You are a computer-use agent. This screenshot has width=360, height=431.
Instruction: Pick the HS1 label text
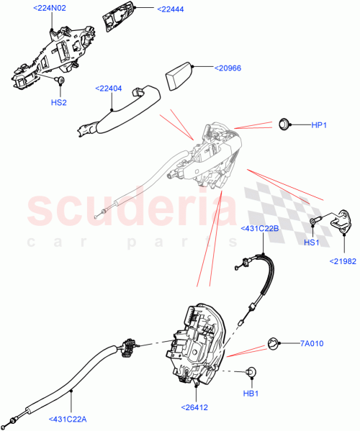point(312,242)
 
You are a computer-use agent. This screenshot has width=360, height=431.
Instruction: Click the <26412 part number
point(194,407)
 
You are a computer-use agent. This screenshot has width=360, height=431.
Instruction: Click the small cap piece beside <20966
point(180,75)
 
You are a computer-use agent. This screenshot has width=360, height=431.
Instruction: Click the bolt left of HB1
point(251,373)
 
